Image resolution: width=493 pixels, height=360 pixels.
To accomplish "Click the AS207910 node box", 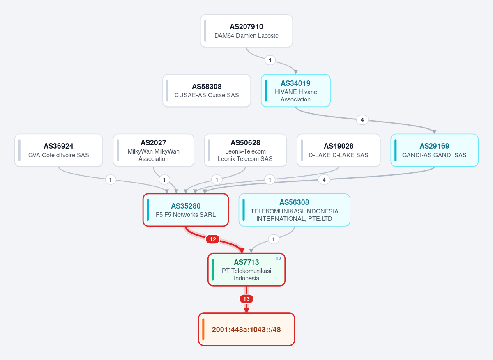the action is pyautogui.click(x=246, y=31).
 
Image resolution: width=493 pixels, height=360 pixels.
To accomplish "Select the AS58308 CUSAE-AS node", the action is pyautogui.click(x=207, y=91).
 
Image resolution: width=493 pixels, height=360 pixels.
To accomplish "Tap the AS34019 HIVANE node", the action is pyautogui.click(x=295, y=91).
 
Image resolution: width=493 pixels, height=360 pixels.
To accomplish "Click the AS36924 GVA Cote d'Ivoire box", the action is pyautogui.click(x=58, y=150).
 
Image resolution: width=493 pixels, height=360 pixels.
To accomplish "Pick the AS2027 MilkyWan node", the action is pyautogui.click(x=153, y=150).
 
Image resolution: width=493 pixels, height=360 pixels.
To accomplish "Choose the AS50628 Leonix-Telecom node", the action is pyautogui.click(x=245, y=150).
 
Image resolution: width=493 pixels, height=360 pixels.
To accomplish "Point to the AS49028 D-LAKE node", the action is pyautogui.click(x=339, y=150).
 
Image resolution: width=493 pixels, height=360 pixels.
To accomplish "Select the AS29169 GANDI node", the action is pyautogui.click(x=435, y=150).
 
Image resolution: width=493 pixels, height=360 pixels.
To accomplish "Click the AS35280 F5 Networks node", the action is pyautogui.click(x=186, y=210).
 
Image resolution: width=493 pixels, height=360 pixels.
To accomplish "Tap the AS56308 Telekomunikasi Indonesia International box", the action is pyautogui.click(x=294, y=210).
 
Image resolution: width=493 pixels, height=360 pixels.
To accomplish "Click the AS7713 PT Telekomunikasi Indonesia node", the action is pyautogui.click(x=246, y=270).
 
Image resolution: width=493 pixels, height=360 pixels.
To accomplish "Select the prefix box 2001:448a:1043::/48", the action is pyautogui.click(x=246, y=329).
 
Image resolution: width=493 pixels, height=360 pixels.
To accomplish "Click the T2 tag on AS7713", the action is pyautogui.click(x=279, y=259).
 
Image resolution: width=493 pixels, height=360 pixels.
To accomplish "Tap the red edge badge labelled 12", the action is pyautogui.click(x=213, y=239).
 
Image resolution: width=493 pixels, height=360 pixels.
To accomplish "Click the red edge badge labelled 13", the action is pyautogui.click(x=246, y=299).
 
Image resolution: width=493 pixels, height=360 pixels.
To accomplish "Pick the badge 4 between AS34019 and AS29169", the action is pyautogui.click(x=362, y=120).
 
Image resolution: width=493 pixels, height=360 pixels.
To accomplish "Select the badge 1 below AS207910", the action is pyautogui.click(x=270, y=60).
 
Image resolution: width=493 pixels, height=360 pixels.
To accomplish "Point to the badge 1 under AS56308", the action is pyautogui.click(x=274, y=239).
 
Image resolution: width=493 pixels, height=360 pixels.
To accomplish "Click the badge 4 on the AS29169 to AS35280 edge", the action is pyautogui.click(x=324, y=180).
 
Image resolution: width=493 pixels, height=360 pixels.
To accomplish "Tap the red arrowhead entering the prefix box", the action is pyautogui.click(x=246, y=310).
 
